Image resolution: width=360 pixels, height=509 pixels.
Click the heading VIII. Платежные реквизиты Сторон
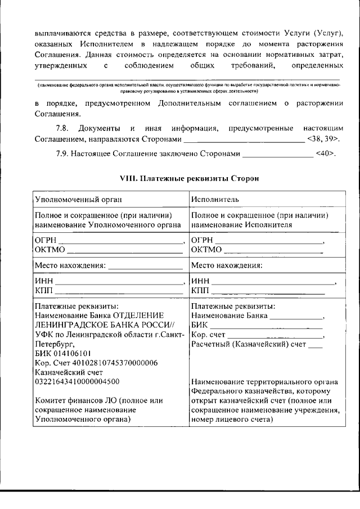(181, 179)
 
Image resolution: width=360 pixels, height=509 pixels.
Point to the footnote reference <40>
(326, 154)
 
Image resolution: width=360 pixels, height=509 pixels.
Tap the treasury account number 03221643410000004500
(76, 381)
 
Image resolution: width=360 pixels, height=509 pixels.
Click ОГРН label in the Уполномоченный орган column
(46, 240)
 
